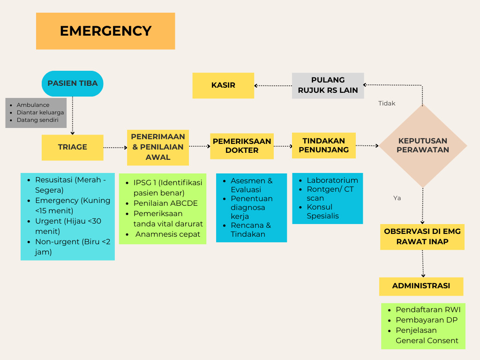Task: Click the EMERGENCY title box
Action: click(105, 31)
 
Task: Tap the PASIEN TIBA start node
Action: click(73, 83)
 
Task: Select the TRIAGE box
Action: click(73, 147)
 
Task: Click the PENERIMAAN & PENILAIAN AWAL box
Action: click(158, 147)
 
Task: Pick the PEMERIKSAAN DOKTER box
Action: click(242, 146)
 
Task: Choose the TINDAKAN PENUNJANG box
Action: click(324, 145)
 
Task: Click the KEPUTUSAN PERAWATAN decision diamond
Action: click(423, 145)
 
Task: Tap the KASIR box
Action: click(223, 85)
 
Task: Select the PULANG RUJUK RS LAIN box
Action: click(328, 85)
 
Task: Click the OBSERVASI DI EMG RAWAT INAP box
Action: click(422, 237)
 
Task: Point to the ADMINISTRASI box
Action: click(421, 286)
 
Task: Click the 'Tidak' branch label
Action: click(387, 104)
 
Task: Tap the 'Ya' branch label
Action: click(397, 198)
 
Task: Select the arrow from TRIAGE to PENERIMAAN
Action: click(115, 147)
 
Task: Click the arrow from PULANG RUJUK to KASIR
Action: click(273, 85)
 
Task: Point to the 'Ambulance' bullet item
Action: click(33, 105)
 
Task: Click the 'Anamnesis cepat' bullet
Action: click(168, 234)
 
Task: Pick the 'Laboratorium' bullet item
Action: click(332, 180)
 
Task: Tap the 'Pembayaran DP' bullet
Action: click(427, 320)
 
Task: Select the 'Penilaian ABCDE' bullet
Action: click(165, 203)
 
